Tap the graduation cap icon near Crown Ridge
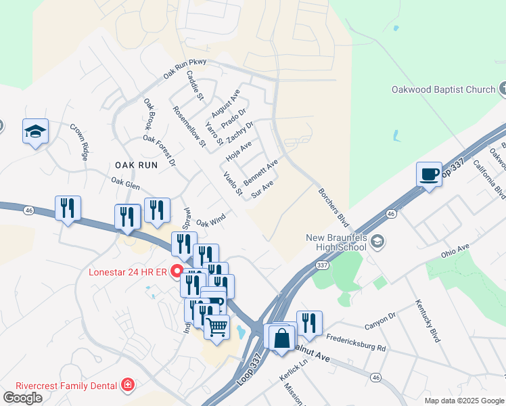[35, 131]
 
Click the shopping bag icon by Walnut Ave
[281, 336]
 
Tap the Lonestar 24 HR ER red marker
[177, 273]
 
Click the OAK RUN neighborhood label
[136, 164]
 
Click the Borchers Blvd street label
[334, 207]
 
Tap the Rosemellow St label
[189, 127]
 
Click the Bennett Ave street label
[260, 173]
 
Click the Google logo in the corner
[22, 398]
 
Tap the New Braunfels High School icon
[378, 242]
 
